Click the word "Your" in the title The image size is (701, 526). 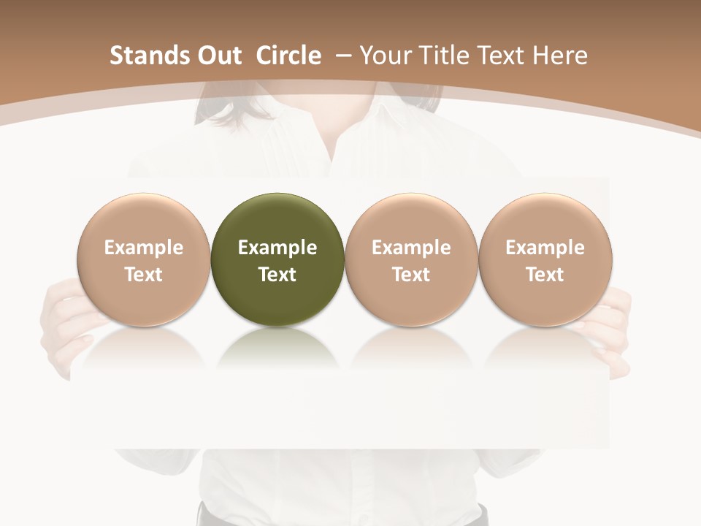385,56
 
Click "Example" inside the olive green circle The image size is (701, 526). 277,248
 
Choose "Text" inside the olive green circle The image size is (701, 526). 277,275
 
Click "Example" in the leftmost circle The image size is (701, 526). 144,248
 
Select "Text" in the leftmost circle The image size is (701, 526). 144,275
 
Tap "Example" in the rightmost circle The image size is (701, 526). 545,248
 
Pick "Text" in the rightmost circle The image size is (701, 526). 545,275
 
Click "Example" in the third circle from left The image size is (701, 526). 411,248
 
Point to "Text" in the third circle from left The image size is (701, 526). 411,275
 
